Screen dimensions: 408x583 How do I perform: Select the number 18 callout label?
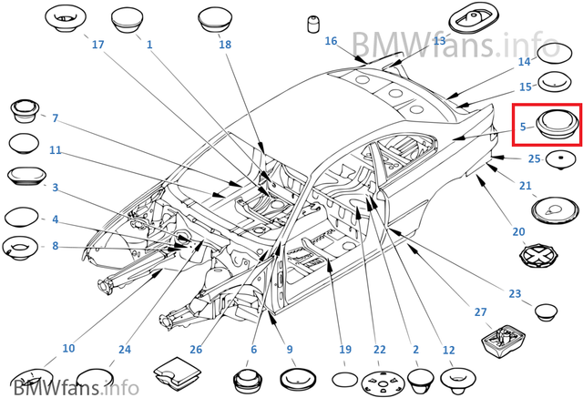(225, 45)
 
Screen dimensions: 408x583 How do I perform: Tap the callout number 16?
(331, 41)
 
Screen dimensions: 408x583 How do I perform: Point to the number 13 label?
(439, 41)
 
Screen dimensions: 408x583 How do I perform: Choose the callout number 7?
(55, 118)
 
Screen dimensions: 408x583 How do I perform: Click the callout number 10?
(68, 349)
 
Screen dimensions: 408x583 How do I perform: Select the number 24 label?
(125, 349)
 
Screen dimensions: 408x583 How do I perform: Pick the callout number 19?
(344, 349)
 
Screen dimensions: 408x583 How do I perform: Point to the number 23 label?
(515, 293)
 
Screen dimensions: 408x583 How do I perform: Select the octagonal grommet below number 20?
(537, 255)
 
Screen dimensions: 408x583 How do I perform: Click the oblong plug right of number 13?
(473, 17)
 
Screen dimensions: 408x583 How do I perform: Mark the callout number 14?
(524, 62)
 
